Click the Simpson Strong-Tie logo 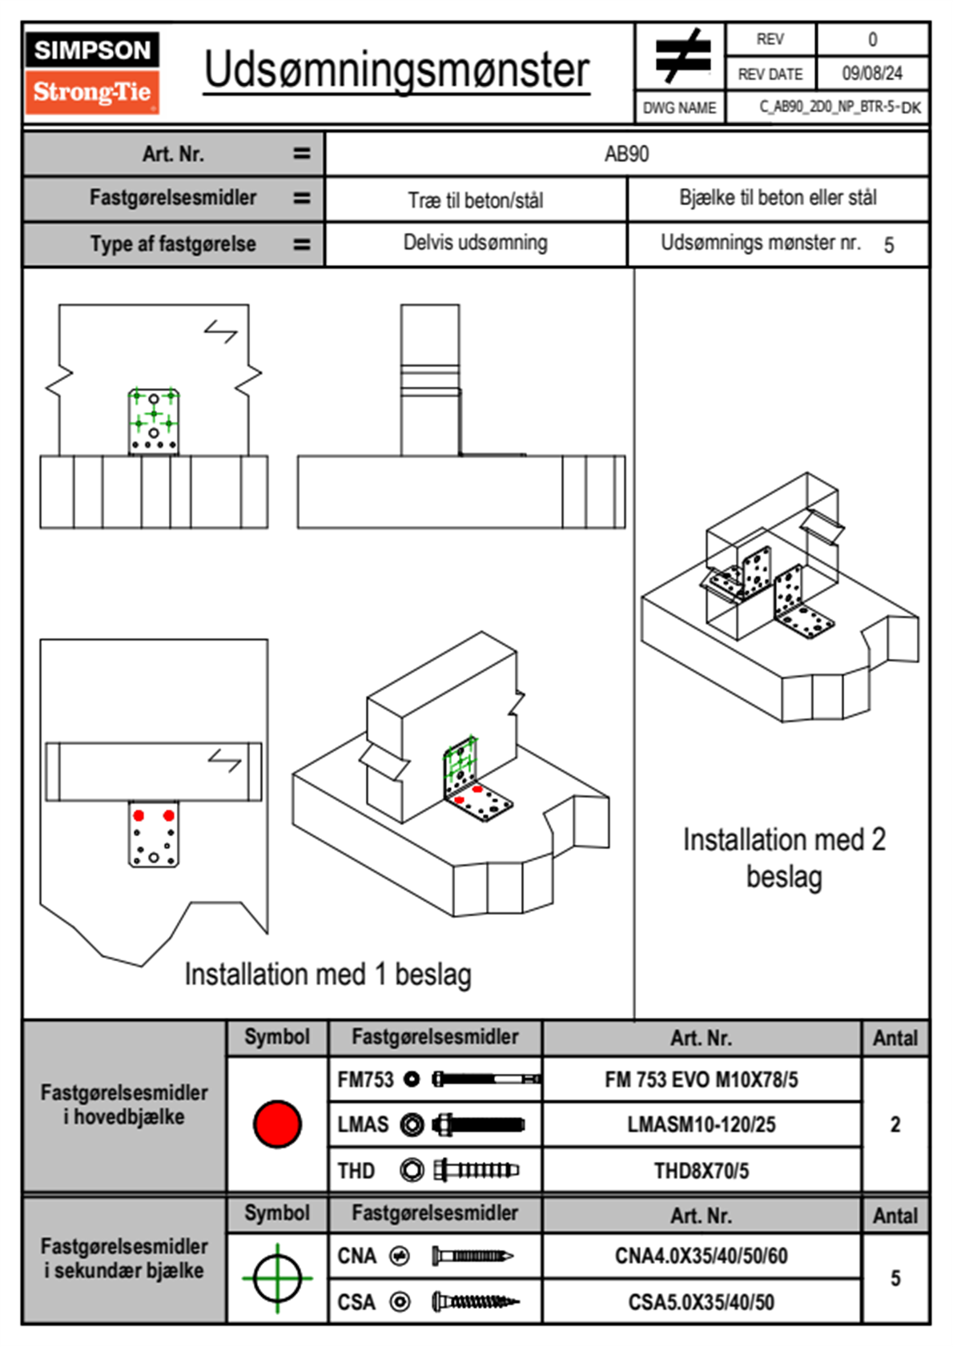(92, 72)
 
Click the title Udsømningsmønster (396, 70)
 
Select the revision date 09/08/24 (871, 74)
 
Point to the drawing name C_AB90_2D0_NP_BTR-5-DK (839, 107)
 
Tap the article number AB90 (626, 154)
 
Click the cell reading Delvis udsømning (475, 243)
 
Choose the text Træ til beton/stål (475, 199)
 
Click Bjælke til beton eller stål (778, 198)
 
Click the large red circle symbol (277, 1124)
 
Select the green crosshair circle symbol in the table (277, 1278)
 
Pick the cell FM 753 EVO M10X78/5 (701, 1080)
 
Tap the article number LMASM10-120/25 (701, 1124)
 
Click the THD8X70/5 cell (701, 1171)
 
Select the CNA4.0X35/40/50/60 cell (701, 1256)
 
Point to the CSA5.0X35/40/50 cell (701, 1302)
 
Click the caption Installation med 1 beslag (328, 975)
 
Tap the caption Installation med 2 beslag (784, 858)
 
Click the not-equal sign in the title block (681, 56)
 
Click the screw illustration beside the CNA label (472, 1256)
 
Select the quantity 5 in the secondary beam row (895, 1278)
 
